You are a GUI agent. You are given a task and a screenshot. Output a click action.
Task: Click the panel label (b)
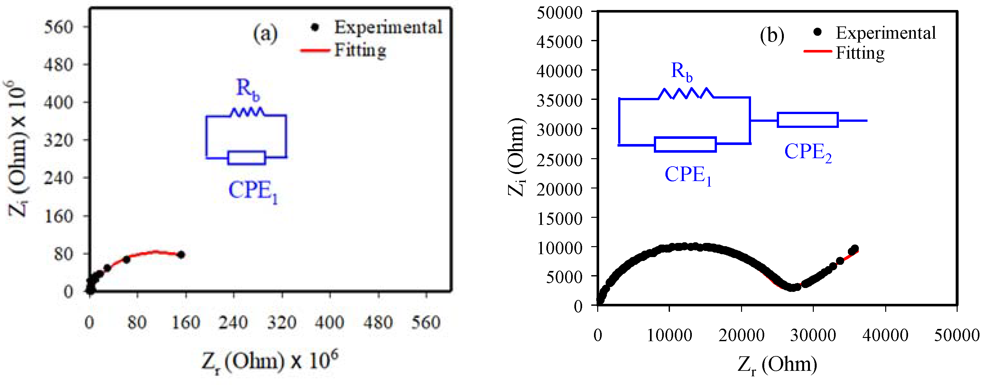(772, 35)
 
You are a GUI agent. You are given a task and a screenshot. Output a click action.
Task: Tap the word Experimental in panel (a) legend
(388, 27)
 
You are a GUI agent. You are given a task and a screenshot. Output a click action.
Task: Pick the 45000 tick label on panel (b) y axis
(559, 42)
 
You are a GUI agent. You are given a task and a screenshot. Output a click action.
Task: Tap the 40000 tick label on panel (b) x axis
(885, 335)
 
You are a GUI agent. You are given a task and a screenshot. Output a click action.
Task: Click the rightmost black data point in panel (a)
(181, 255)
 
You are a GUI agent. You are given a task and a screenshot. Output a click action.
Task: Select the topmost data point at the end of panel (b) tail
(855, 248)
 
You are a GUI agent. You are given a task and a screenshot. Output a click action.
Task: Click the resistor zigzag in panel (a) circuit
(247, 112)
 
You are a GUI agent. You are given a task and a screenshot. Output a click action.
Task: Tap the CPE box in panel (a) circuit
(246, 158)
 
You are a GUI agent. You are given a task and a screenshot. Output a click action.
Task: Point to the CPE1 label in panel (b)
(688, 175)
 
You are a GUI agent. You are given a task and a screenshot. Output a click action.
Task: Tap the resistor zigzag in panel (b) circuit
(685, 93)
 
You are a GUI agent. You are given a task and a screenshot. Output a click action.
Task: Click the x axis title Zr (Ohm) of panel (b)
(777, 364)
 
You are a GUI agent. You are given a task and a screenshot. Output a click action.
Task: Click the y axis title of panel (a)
(17, 149)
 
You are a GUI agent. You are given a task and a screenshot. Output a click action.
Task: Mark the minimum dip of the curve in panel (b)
(792, 287)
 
